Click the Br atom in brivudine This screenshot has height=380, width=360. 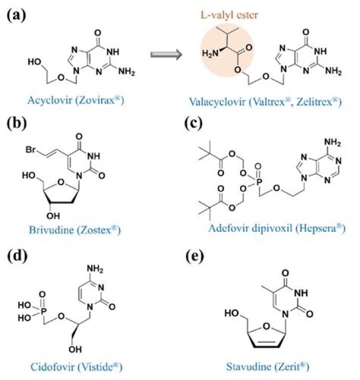pyautogui.click(x=30, y=150)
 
